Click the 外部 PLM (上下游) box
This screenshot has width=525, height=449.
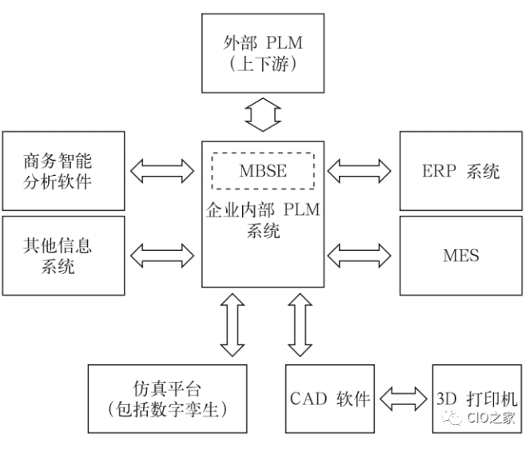[x=263, y=52]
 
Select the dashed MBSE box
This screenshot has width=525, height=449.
[x=263, y=170]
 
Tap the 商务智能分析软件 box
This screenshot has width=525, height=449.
[x=63, y=170]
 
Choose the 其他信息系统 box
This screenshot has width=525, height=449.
[x=63, y=255]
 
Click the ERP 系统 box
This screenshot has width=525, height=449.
[x=460, y=170]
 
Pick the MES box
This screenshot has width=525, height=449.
[x=460, y=255]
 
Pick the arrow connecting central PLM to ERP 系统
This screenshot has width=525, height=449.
[x=360, y=169]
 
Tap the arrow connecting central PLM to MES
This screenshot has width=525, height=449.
[x=360, y=255]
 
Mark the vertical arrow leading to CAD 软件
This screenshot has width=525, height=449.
[x=300, y=324]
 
